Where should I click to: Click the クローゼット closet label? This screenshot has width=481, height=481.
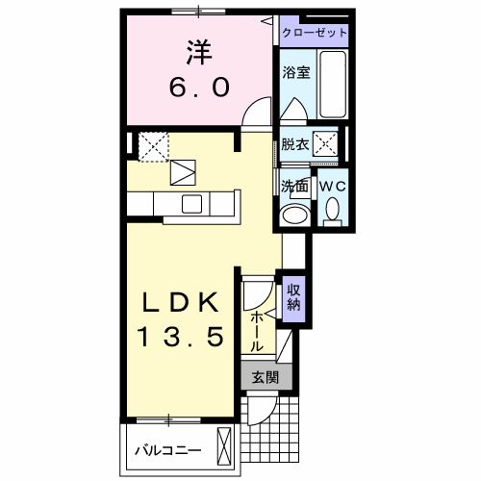click(x=315, y=33)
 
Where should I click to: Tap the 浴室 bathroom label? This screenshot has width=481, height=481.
click(x=296, y=72)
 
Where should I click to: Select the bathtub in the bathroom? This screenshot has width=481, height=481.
click(x=333, y=84)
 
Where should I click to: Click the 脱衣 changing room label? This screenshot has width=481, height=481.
click(x=295, y=144)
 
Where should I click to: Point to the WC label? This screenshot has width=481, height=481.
click(x=333, y=186)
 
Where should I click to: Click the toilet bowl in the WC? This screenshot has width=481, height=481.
click(x=333, y=209)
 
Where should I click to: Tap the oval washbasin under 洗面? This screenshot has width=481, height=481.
click(x=295, y=215)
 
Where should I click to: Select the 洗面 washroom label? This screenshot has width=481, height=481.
click(x=294, y=186)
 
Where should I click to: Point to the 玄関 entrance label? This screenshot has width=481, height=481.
click(x=266, y=377)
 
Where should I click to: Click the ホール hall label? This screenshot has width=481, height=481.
click(x=257, y=332)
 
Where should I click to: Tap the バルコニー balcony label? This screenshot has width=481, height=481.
click(x=168, y=451)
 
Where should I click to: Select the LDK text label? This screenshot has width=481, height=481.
click(x=181, y=302)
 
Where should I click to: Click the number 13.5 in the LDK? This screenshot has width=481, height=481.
click(x=180, y=337)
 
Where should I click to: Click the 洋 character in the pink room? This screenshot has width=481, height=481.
click(x=199, y=52)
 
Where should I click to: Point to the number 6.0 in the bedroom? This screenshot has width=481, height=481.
click(x=199, y=88)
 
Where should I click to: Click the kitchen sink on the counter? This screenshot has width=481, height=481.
click(x=192, y=204)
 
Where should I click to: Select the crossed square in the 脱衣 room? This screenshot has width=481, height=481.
click(x=325, y=144)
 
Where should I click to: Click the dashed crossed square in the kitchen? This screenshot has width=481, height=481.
click(x=154, y=146)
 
